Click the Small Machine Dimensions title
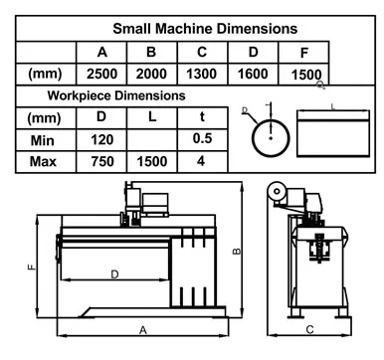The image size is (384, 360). coord(205,29)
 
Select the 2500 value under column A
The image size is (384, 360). coord(101,74)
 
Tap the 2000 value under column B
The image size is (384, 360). coord(151,74)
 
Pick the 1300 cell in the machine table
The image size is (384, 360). coord(202,74)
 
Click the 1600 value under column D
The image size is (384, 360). coord(253,74)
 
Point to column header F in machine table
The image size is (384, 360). coord(304,53)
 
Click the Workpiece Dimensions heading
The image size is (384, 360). coord(116,95)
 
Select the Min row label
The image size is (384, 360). coord(42,140)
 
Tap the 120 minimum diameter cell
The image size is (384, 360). coord(102,140)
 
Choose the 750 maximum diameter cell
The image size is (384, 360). coord(102,162)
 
